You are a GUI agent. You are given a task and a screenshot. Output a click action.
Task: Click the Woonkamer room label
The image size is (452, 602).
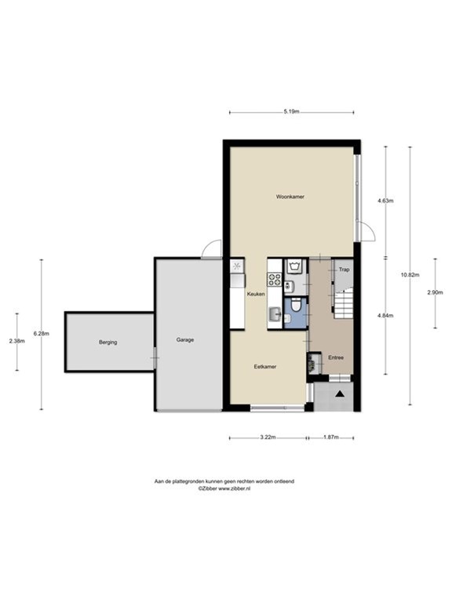(x=290, y=197)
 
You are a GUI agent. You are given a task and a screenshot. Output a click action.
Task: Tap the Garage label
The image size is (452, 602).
(x=185, y=340)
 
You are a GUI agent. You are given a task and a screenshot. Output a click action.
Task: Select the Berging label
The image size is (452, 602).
(x=108, y=343)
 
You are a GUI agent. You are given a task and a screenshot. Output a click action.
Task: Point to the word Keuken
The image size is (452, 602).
(x=256, y=294)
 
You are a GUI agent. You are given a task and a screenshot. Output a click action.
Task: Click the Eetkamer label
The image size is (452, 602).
(x=264, y=366)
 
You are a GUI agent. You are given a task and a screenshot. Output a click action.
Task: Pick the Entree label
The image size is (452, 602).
(x=336, y=357)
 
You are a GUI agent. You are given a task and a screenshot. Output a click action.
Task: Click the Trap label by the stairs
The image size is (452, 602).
(x=343, y=269)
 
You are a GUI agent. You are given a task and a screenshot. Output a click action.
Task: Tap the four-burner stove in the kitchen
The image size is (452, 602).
(x=275, y=279)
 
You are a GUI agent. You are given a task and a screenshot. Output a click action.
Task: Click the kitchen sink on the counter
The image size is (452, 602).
(x=274, y=314)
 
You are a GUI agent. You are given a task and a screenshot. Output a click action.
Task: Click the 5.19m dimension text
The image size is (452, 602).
(x=290, y=112)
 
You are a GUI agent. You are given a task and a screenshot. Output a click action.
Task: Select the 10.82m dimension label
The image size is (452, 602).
(x=409, y=274)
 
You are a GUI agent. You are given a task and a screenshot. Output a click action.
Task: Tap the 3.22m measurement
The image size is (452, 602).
(x=268, y=437)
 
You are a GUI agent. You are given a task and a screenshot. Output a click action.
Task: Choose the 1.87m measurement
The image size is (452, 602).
(x=331, y=437)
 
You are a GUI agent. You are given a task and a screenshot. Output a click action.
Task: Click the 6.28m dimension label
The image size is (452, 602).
(x=42, y=334)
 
